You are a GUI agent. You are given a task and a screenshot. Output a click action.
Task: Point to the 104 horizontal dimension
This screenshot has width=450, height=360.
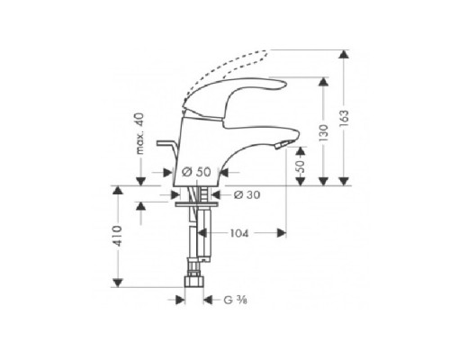(238, 232)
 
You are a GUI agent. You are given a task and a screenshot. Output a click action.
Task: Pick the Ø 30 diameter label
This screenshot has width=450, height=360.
(247, 193)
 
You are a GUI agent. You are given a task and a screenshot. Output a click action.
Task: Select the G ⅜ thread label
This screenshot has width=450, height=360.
(235, 302)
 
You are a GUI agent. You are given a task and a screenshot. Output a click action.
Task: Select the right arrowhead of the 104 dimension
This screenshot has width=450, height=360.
(283, 232)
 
